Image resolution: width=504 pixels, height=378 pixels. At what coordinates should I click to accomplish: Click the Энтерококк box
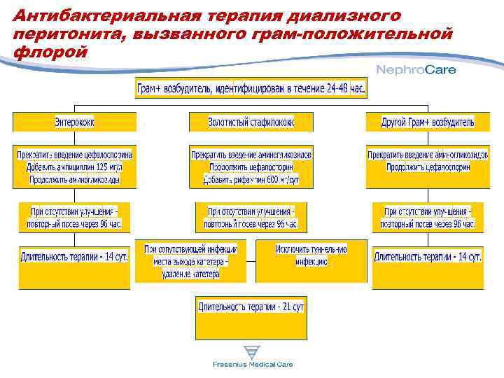(x=74, y=122)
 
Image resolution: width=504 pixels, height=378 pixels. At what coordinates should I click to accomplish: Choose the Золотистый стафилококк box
(x=251, y=122)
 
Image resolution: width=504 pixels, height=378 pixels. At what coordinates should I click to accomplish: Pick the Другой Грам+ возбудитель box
(x=427, y=122)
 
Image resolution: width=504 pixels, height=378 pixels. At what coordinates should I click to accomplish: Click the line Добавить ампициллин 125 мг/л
(x=73, y=167)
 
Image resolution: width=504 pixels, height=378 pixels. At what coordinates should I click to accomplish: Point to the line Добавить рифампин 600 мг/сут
(x=251, y=180)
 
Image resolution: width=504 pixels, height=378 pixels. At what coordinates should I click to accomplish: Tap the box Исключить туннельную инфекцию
(x=311, y=255)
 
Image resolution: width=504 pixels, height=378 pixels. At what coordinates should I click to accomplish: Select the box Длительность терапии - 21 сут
(x=251, y=307)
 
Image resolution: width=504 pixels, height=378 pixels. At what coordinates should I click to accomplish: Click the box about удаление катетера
(x=191, y=261)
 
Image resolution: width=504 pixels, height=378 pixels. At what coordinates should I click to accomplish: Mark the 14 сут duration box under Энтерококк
(x=74, y=257)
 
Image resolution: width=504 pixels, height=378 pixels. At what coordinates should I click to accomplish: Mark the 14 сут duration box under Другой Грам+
(x=427, y=257)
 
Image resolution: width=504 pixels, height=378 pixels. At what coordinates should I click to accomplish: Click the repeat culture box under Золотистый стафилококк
(x=251, y=218)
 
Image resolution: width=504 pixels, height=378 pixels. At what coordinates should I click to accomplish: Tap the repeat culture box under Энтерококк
(x=76, y=218)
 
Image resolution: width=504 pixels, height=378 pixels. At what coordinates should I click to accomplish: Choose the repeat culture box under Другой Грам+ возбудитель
(x=427, y=218)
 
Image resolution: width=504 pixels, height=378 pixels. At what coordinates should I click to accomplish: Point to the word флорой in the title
(x=50, y=52)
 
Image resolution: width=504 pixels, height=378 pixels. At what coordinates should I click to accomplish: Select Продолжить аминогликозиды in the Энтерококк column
(x=74, y=180)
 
